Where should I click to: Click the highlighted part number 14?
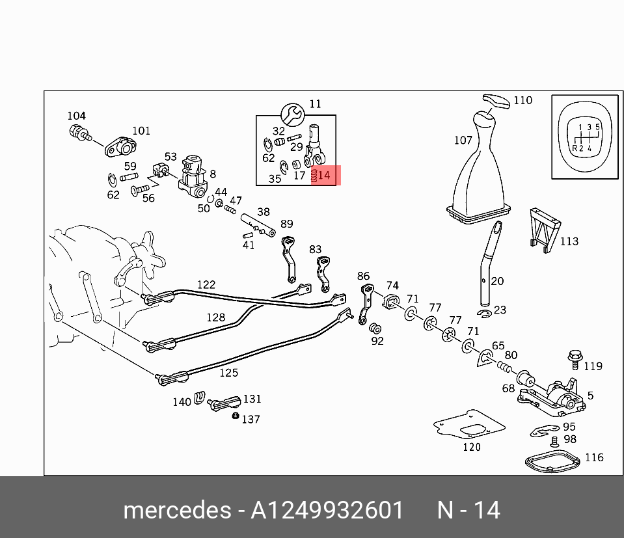tap(325, 175)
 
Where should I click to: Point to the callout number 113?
tap(569, 241)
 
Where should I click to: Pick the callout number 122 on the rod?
tap(206, 285)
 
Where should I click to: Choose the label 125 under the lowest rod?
tap(228, 373)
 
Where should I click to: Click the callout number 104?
tap(76, 116)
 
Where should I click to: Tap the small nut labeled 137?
tap(236, 416)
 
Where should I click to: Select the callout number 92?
tap(377, 341)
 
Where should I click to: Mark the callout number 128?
tap(215, 317)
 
